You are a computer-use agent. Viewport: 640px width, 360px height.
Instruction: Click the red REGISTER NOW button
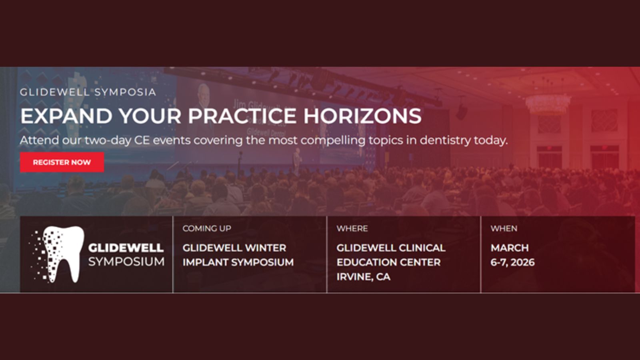click(x=62, y=162)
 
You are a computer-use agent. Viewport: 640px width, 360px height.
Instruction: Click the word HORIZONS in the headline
click(x=362, y=116)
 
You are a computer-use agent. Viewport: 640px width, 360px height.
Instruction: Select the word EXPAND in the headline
click(x=66, y=116)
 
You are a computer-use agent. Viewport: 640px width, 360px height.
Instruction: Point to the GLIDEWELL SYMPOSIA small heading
click(x=88, y=92)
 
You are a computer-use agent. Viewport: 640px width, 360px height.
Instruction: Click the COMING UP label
click(x=207, y=228)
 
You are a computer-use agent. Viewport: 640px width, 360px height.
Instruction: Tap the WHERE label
click(x=352, y=228)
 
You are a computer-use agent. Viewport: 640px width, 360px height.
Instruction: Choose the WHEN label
click(x=504, y=228)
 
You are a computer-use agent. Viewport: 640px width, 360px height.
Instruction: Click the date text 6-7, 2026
click(x=512, y=262)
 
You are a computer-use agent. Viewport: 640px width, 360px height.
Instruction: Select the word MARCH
click(x=510, y=248)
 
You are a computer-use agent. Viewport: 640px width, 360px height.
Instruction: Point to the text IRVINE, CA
click(x=364, y=276)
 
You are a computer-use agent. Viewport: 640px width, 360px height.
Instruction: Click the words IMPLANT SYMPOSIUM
click(x=238, y=262)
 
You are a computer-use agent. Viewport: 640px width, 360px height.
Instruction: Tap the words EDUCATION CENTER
click(x=388, y=262)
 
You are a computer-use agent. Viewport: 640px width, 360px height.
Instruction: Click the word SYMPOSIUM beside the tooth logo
click(x=126, y=262)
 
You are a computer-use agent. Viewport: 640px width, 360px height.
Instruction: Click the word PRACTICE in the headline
click(x=242, y=116)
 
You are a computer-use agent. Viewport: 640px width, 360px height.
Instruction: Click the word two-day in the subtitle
click(x=108, y=140)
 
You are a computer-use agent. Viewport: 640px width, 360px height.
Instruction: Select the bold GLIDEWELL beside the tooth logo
click(x=126, y=248)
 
